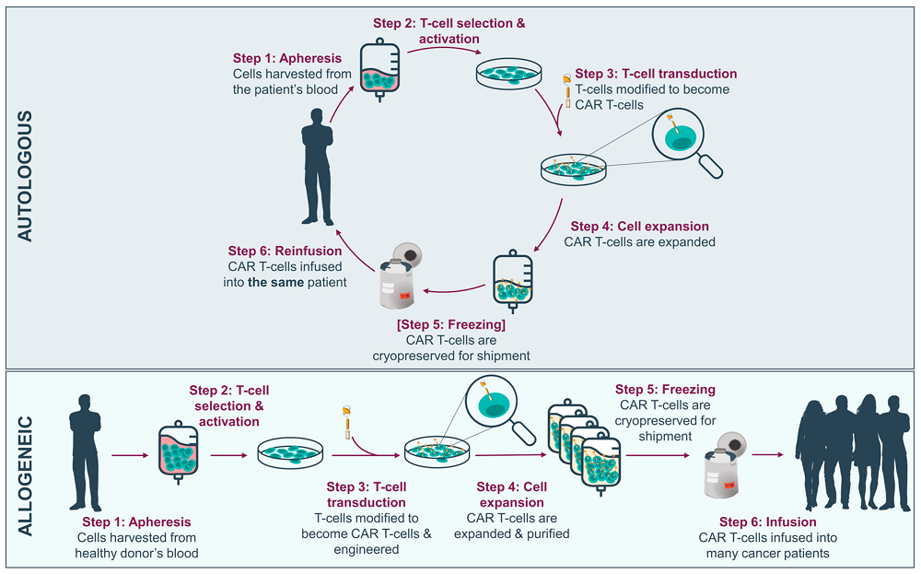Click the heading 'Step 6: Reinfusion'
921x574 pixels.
(x=285, y=251)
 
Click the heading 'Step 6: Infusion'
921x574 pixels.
(x=767, y=522)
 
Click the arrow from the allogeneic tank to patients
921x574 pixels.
(x=766, y=454)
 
